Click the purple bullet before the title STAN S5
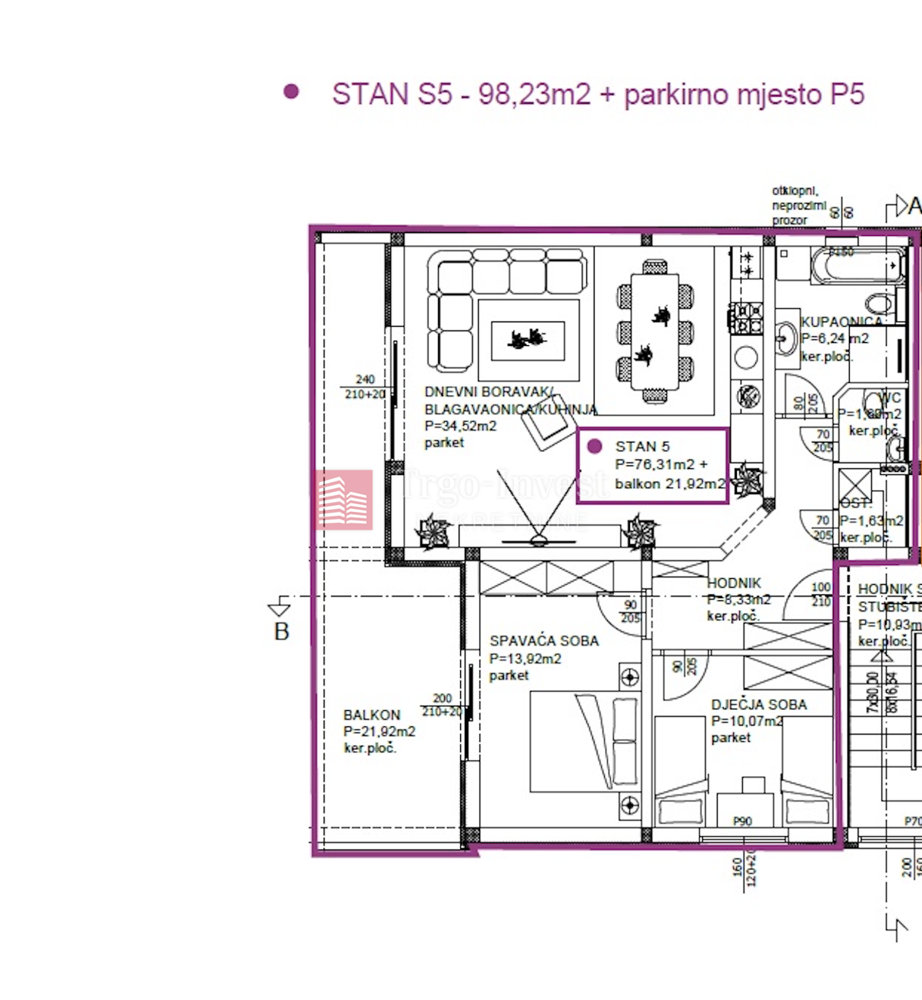291,92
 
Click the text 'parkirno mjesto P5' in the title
744,95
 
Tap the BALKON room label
371,715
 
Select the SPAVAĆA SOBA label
544,641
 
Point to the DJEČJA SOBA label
758,705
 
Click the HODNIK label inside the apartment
734,583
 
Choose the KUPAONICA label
841,321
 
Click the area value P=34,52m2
460,426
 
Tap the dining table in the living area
655,331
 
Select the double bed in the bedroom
584,741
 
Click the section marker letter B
281,632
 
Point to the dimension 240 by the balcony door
365,379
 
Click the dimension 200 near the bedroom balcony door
442,698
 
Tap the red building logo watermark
343,500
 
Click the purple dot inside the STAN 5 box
594,447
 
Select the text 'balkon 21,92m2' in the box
670,484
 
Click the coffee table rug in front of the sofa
528,340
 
